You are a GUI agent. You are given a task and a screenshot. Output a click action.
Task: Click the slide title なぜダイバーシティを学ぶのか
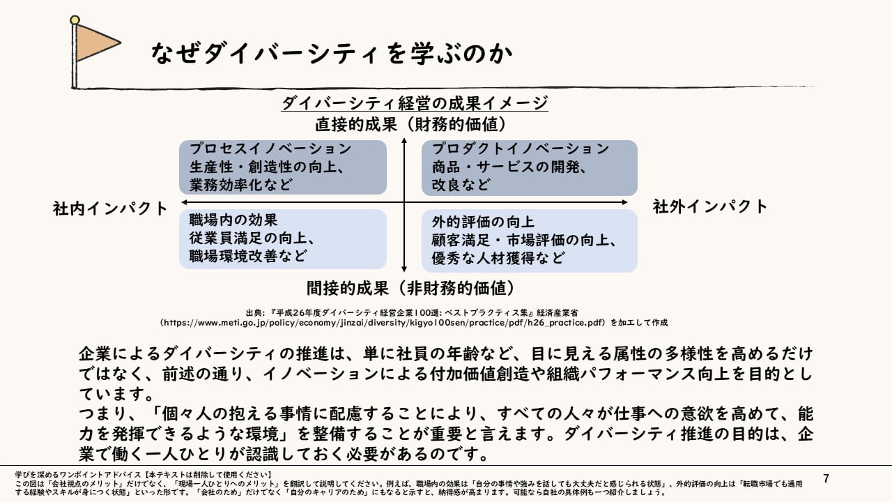(331, 53)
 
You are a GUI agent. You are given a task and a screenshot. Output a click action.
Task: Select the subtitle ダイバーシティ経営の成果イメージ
(415, 103)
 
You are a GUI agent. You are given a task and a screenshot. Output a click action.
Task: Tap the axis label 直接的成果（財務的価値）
(410, 125)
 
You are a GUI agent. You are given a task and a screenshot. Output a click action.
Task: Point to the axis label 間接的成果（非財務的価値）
(410, 287)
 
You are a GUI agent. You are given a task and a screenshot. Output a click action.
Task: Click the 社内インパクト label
(111, 208)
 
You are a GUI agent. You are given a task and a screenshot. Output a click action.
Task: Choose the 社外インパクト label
(710, 206)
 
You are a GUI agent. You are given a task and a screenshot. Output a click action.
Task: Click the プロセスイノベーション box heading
(270, 149)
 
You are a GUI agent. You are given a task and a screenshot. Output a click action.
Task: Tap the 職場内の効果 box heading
(233, 220)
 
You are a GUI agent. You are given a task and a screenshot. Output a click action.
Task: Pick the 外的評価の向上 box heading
(483, 222)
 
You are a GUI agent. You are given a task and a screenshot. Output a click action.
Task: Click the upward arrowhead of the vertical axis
(404, 142)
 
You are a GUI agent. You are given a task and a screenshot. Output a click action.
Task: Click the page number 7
(826, 478)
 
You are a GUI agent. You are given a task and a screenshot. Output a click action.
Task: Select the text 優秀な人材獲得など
(498, 258)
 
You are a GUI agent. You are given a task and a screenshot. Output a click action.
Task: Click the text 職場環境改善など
(248, 255)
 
